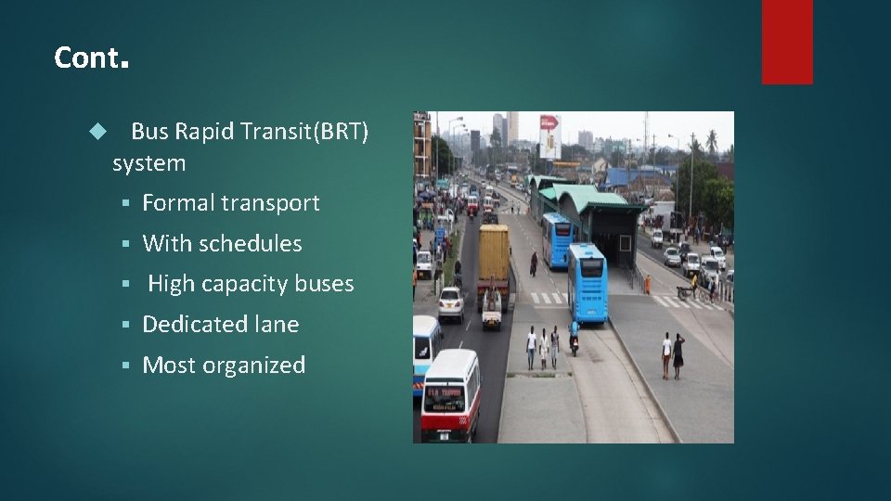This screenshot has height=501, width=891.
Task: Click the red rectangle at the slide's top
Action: coord(787,41)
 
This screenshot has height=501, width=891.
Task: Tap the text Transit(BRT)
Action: coord(304,132)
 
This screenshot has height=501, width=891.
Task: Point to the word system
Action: coord(148,163)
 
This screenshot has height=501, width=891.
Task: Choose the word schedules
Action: coord(250,244)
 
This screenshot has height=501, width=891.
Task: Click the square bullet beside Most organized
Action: coord(128,366)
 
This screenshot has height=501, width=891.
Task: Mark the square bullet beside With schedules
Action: coord(128,244)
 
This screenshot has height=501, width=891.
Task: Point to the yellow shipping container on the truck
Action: coord(494,253)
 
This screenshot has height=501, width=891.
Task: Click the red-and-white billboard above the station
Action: coord(549,135)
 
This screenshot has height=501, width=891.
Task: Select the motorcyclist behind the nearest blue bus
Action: coord(574,337)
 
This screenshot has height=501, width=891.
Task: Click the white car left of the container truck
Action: coord(451,303)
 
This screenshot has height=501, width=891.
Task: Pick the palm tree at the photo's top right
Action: coord(712,142)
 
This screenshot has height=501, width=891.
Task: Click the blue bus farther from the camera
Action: coord(556,238)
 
